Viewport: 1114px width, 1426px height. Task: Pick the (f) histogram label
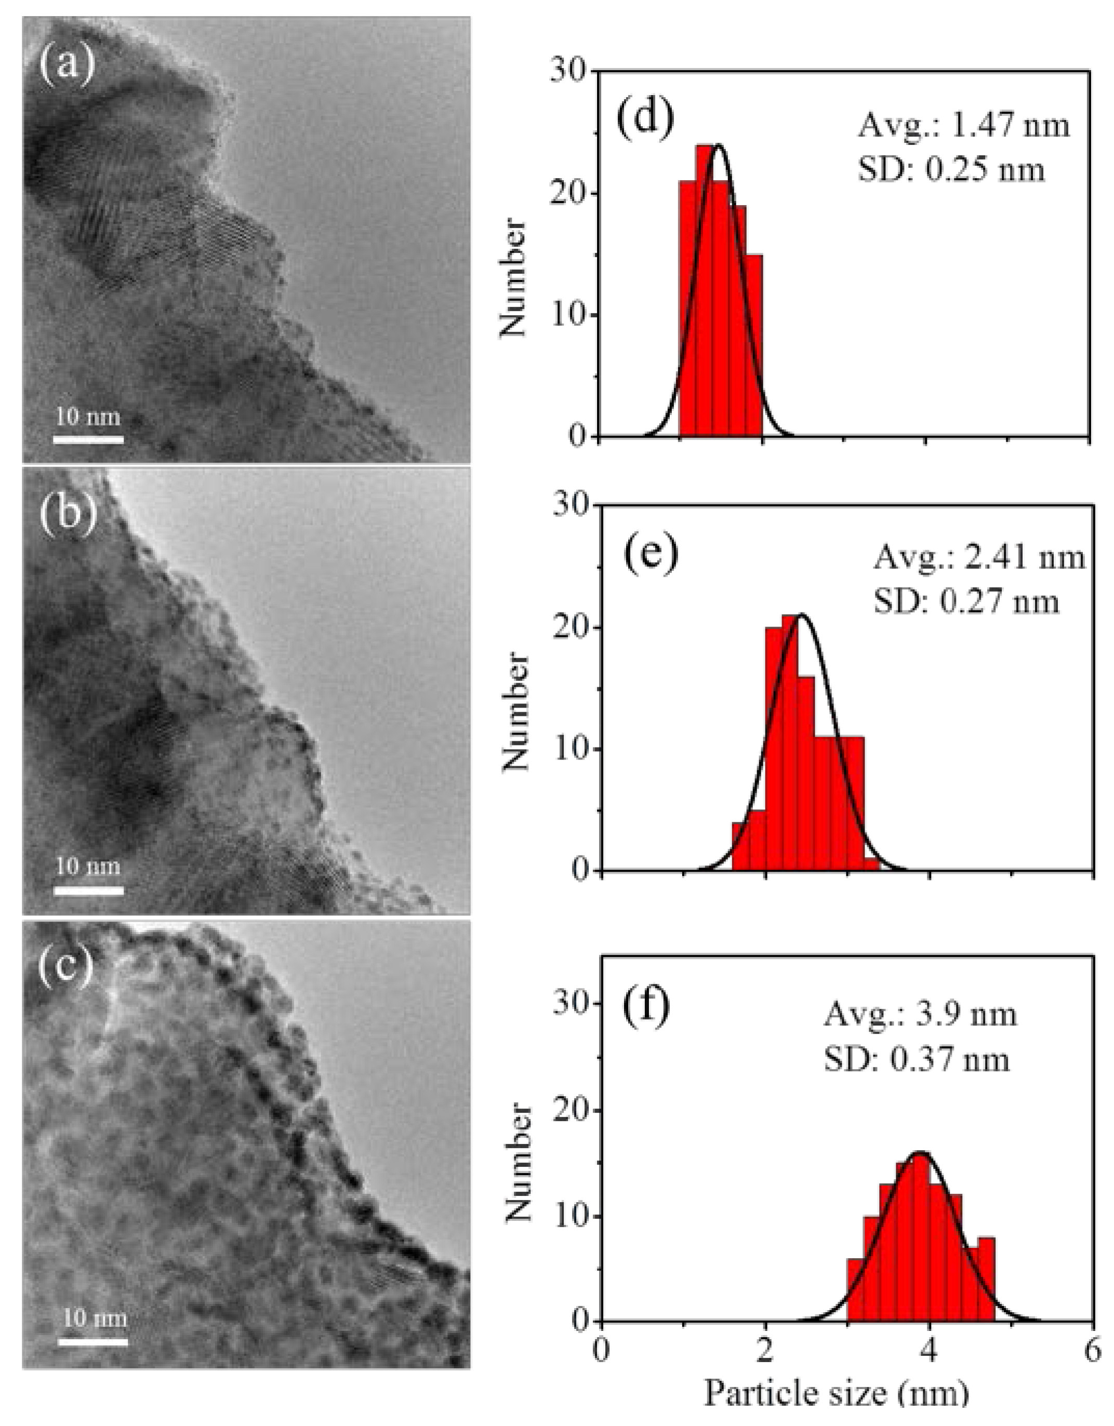pyautogui.click(x=646, y=1006)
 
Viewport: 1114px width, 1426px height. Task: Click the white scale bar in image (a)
pyautogui.click(x=88, y=439)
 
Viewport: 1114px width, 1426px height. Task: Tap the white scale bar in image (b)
pyautogui.click(x=88, y=890)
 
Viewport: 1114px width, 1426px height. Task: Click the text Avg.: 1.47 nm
pyautogui.click(x=963, y=125)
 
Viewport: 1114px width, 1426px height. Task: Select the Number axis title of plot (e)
pyautogui.click(x=515, y=712)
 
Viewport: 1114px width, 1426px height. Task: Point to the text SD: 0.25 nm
pyautogui.click(x=951, y=170)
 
